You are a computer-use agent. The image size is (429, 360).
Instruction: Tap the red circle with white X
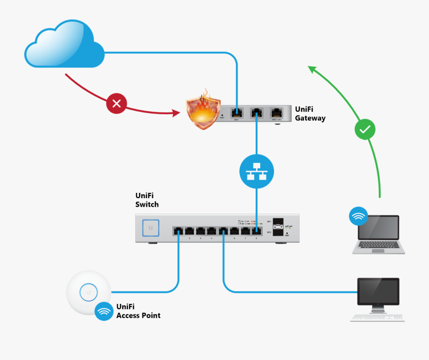[116, 103]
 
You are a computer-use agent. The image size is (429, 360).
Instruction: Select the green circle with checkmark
[365, 129]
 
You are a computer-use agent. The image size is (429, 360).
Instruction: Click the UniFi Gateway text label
[310, 114]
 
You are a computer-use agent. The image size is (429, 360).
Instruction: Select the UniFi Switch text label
[147, 200]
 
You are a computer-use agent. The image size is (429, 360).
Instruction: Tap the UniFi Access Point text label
[138, 311]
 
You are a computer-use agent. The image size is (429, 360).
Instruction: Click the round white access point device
[89, 291]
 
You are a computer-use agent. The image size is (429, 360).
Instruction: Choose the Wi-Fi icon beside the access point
[104, 311]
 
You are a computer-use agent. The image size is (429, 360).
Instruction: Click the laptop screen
[378, 228]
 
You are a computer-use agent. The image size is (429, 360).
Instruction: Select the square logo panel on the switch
[151, 228]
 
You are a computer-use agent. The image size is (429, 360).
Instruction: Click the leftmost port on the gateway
[237, 113]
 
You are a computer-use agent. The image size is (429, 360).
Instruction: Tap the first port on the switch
[179, 231]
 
